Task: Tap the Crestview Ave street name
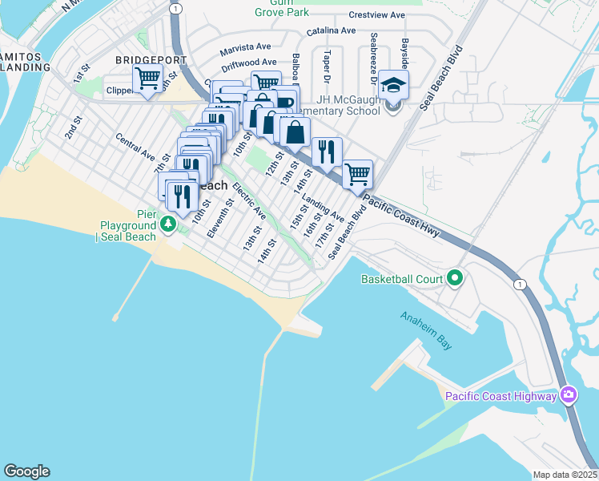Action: coord(376,15)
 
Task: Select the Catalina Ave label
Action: coord(331,30)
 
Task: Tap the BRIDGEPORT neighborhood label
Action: coord(145,60)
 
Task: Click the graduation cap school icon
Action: coord(393,85)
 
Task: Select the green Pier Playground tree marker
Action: coord(168,224)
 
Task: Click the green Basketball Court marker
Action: coord(456,279)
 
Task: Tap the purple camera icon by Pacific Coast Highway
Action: coord(569,395)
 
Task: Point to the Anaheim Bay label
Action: coord(427,329)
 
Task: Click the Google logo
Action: coord(26,471)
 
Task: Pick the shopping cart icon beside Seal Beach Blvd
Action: coord(357,174)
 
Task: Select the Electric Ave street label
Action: coord(249,201)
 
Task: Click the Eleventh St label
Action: coord(219,219)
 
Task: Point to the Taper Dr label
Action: coord(327,67)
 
